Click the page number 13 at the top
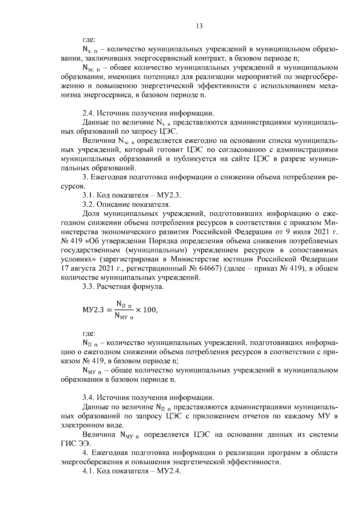click(199, 26)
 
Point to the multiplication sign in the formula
click(138, 310)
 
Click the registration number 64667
click(210, 269)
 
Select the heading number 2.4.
click(89, 114)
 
